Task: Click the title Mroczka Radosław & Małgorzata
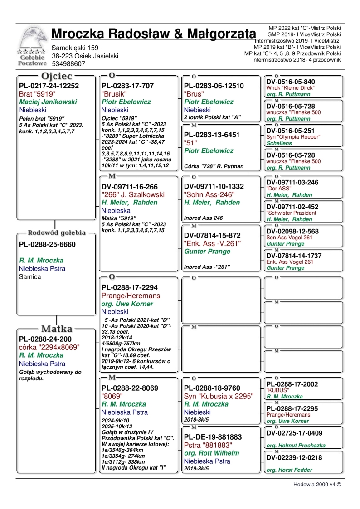[x=153, y=34]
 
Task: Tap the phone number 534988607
[x=68, y=64]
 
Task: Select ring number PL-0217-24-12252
[x=49, y=86]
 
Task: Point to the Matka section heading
[x=57, y=329]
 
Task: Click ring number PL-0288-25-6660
[x=47, y=245]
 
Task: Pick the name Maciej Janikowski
[x=48, y=102]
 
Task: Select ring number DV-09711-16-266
[x=130, y=186]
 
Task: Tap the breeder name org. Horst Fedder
[x=289, y=470]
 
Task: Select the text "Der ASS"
[x=278, y=189]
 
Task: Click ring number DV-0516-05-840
[x=291, y=82]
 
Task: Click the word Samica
[x=30, y=276]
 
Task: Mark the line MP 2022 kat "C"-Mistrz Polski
[x=304, y=28]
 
